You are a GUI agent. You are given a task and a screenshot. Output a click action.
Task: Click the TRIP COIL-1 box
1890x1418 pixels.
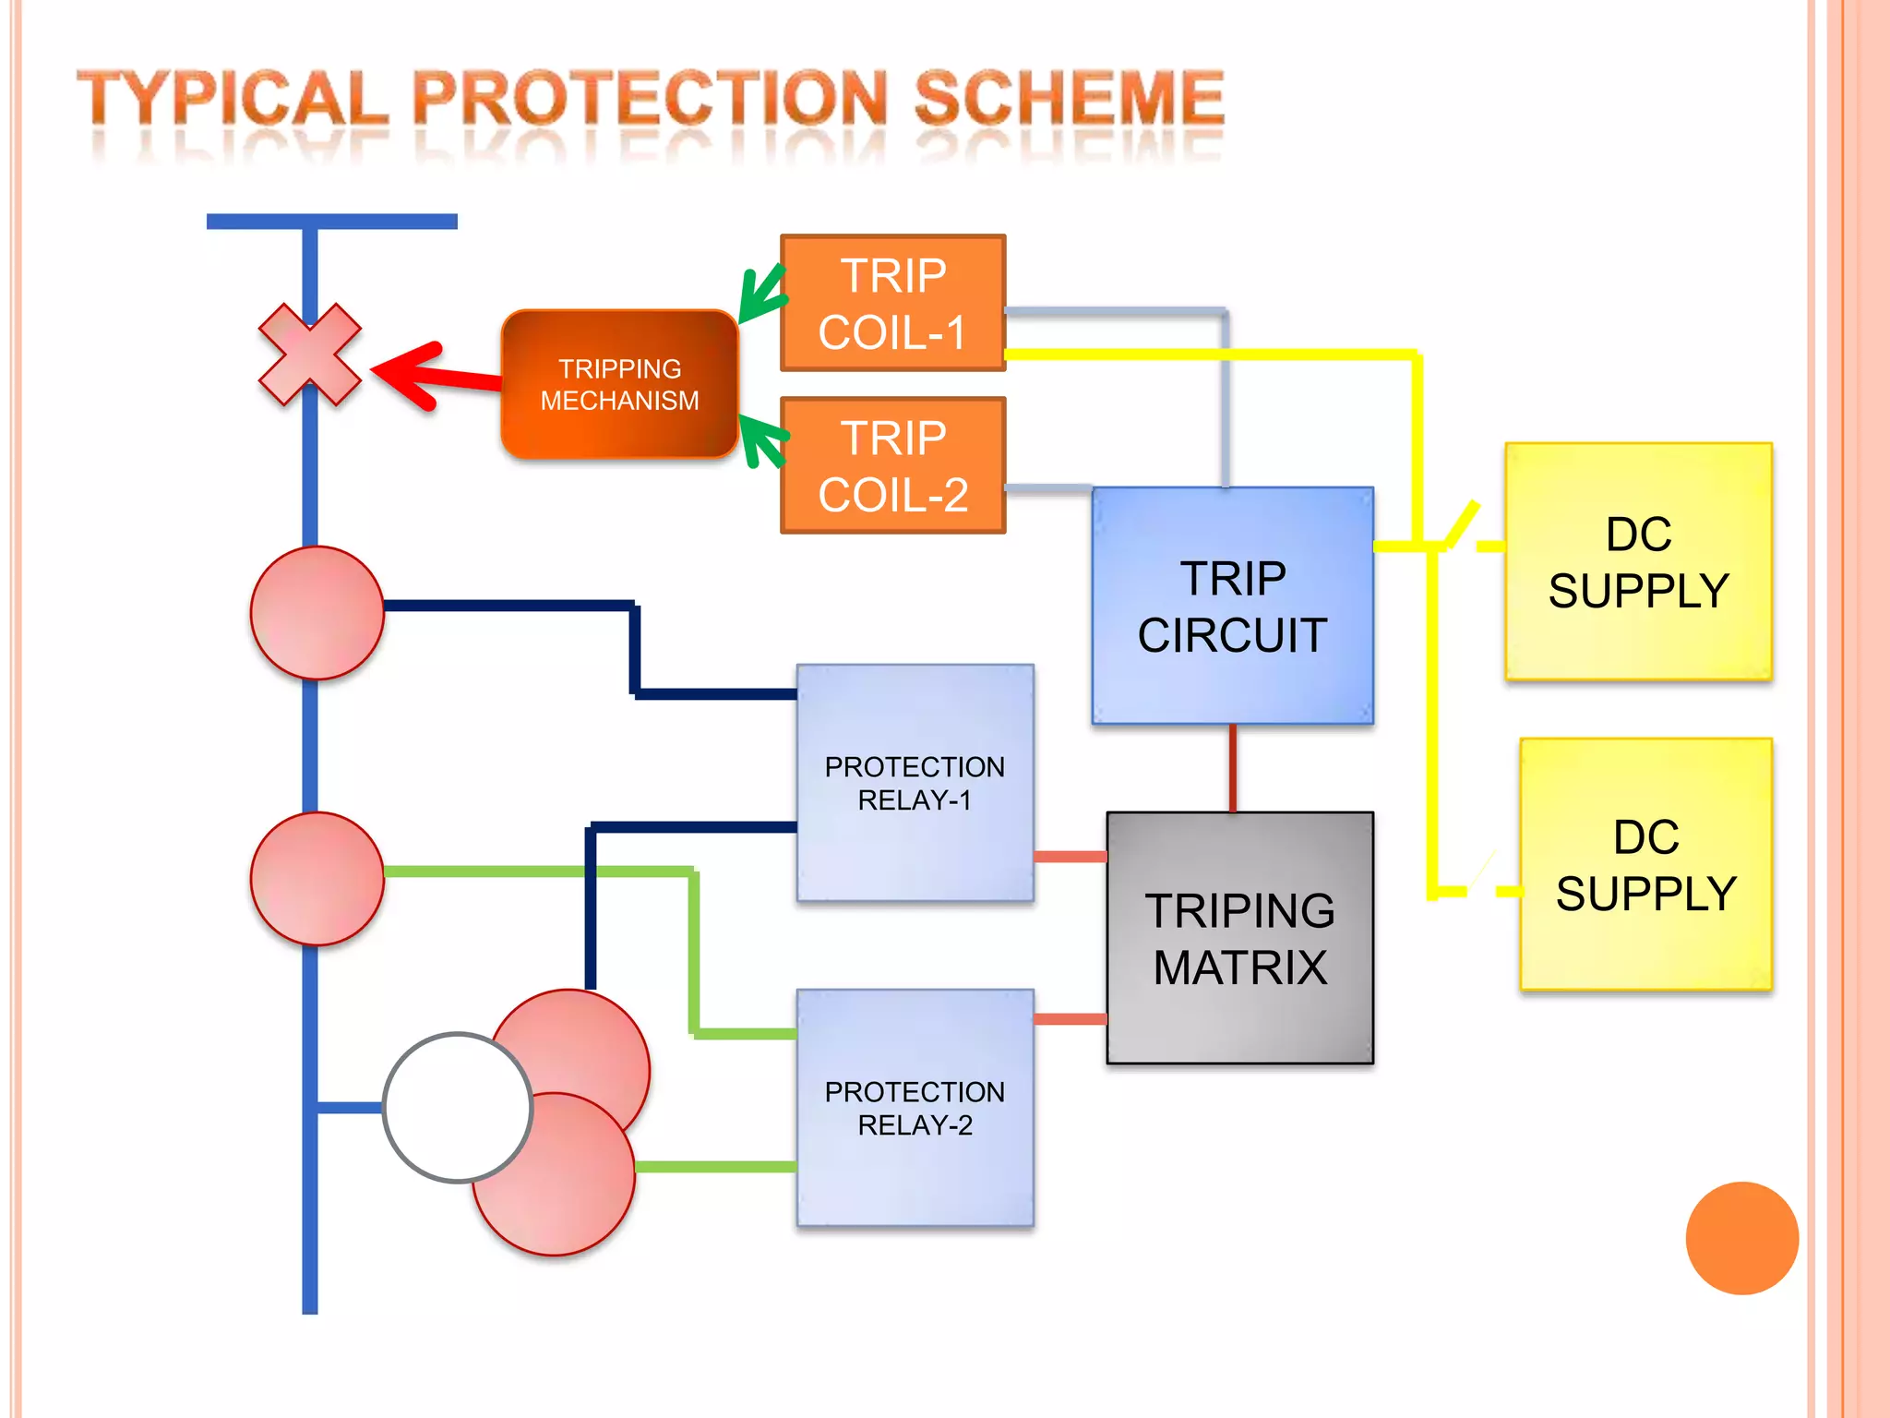(892, 303)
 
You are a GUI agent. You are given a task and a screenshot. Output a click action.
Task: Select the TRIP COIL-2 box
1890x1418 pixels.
(892, 465)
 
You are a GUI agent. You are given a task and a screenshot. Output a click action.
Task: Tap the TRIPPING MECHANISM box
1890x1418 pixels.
(619, 384)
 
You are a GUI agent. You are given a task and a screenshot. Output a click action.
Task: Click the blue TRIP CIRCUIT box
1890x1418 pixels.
(1232, 606)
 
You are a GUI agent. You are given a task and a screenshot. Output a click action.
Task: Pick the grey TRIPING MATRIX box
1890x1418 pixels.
(1239, 938)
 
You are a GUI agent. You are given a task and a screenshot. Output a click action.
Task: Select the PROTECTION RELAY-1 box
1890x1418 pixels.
(915, 783)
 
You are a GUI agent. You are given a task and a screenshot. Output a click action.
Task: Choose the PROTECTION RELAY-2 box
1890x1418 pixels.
(915, 1108)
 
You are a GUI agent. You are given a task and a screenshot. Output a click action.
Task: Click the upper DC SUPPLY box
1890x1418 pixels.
(1638, 561)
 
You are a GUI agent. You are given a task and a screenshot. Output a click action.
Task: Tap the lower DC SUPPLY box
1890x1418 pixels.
(1645, 864)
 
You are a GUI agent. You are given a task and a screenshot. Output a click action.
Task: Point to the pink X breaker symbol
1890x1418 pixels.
(310, 354)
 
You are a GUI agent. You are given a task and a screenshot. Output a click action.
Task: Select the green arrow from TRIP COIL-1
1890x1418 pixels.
(762, 294)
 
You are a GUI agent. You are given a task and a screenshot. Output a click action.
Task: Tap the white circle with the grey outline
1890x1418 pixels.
(458, 1107)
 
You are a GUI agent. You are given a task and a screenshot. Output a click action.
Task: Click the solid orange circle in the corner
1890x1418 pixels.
(1741, 1238)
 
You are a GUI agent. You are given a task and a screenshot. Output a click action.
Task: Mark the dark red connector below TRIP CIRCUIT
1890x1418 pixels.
(1232, 768)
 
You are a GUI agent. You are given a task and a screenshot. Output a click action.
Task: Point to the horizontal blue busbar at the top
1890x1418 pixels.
(331, 222)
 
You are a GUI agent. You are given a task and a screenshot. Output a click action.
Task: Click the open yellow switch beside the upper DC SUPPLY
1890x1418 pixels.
(1462, 524)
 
